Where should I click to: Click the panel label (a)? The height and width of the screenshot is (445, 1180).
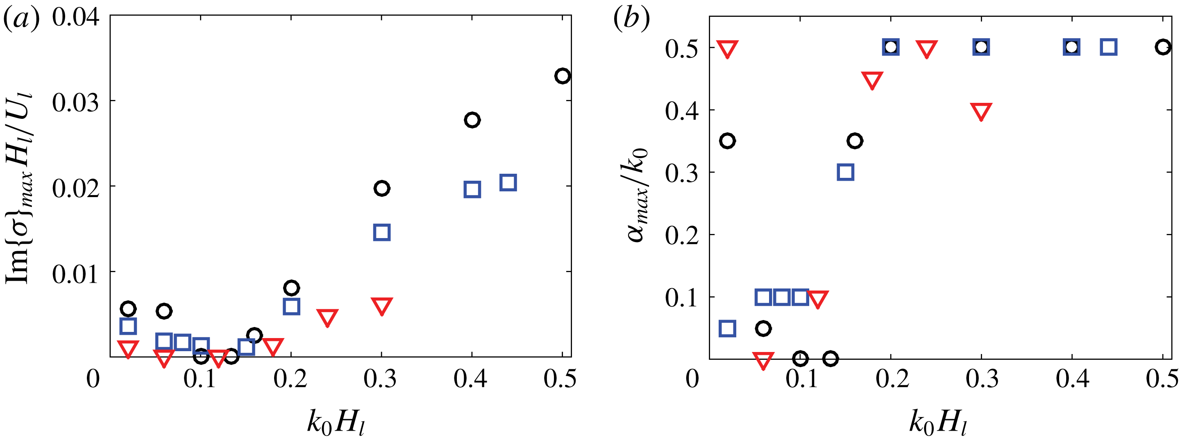pos(21,19)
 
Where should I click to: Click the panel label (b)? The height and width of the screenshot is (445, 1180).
pos(632,19)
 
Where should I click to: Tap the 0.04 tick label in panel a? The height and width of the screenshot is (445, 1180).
pos(75,18)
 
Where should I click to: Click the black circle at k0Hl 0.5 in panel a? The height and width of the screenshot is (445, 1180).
pos(563,76)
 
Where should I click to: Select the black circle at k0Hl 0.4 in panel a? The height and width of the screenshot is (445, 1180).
pos(472,120)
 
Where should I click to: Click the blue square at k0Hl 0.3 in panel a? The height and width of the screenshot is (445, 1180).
pos(381,232)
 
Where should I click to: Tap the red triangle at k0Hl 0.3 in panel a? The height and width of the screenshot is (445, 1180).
pos(381,306)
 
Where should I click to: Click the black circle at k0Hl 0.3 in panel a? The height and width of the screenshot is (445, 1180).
pos(381,188)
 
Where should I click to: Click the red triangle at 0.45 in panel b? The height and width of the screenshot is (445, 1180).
pos(872,80)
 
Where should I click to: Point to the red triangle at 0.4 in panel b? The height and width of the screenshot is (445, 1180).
pos(981,111)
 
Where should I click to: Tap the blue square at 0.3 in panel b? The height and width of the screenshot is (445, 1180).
pos(845,173)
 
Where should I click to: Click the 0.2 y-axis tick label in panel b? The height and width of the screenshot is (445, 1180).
pos(682,236)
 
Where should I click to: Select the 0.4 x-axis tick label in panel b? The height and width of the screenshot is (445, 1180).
pos(1072,380)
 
